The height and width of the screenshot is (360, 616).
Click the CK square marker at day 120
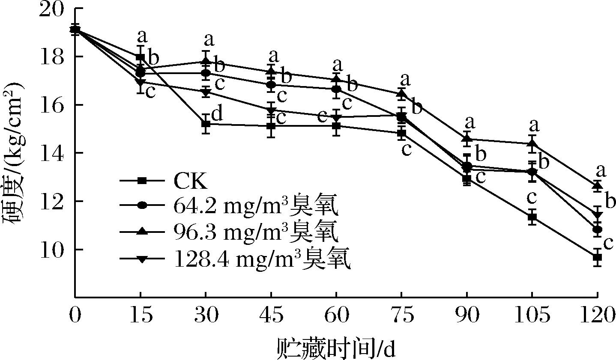pos(597,257)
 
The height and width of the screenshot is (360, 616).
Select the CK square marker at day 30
pos(206,125)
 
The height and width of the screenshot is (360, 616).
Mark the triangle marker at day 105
pos(532,143)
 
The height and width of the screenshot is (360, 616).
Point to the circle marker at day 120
pos(597,230)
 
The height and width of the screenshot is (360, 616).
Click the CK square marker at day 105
pos(532,217)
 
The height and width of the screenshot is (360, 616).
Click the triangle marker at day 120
pos(597,185)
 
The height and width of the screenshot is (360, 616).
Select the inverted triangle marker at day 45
pos(271,111)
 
